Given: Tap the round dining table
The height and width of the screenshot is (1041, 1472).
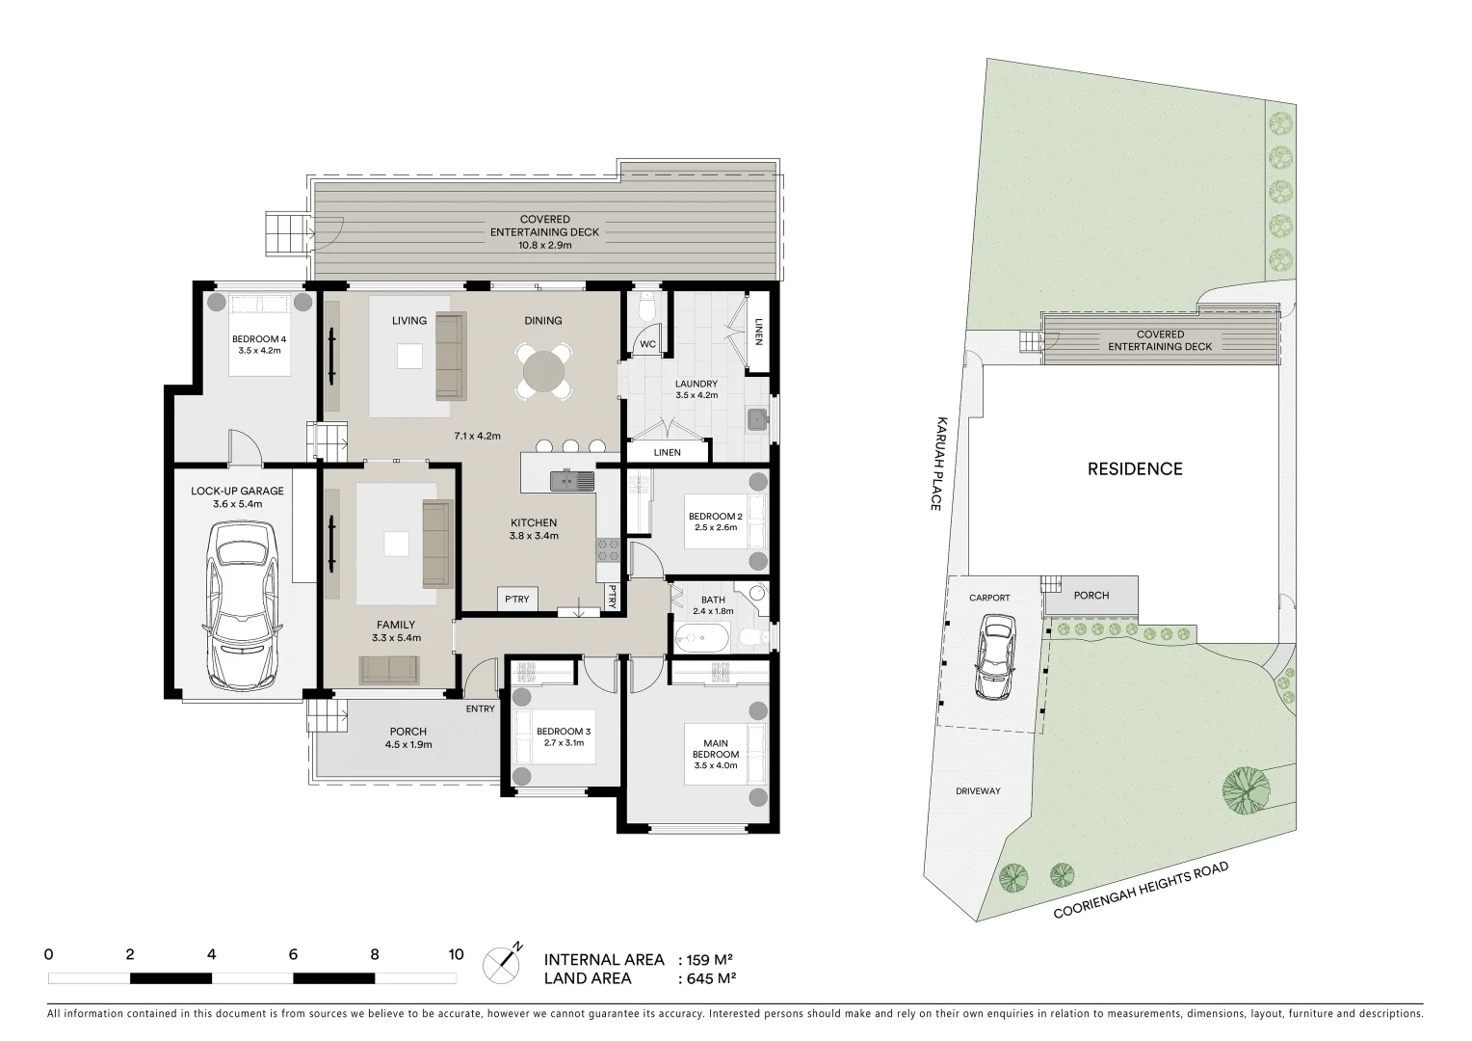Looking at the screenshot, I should coord(544,371).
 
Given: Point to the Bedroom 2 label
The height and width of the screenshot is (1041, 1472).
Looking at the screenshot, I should coord(715,521).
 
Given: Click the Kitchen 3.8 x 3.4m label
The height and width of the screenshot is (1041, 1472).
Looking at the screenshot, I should coord(534,529).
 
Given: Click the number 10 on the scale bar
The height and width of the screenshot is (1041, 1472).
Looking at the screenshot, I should coord(456,955).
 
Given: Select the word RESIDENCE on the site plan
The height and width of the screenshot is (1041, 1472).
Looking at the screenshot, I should coord(1134,469).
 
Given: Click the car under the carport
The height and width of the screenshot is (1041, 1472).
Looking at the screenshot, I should coord(994,659).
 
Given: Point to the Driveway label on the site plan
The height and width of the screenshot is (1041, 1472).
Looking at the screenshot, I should coord(978,791).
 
